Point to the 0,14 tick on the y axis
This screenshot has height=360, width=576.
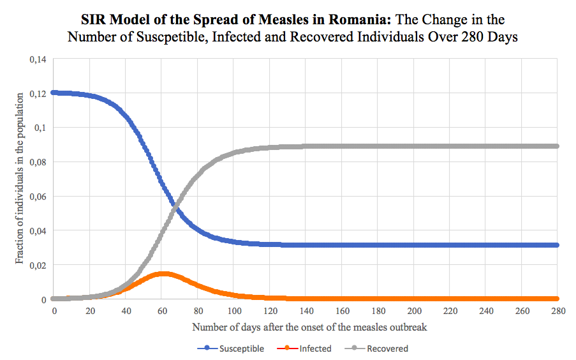39,59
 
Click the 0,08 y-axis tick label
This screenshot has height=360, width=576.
39,162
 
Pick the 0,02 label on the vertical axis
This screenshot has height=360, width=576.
39,265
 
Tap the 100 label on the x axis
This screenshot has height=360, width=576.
234,311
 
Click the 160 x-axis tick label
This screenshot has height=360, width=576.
343,311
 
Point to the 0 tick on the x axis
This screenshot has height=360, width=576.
54,311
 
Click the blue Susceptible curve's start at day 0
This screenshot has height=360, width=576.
54,93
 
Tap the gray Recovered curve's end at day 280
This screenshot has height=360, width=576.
558,146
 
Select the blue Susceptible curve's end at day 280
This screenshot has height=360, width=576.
558,245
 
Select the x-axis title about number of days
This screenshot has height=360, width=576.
309,327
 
